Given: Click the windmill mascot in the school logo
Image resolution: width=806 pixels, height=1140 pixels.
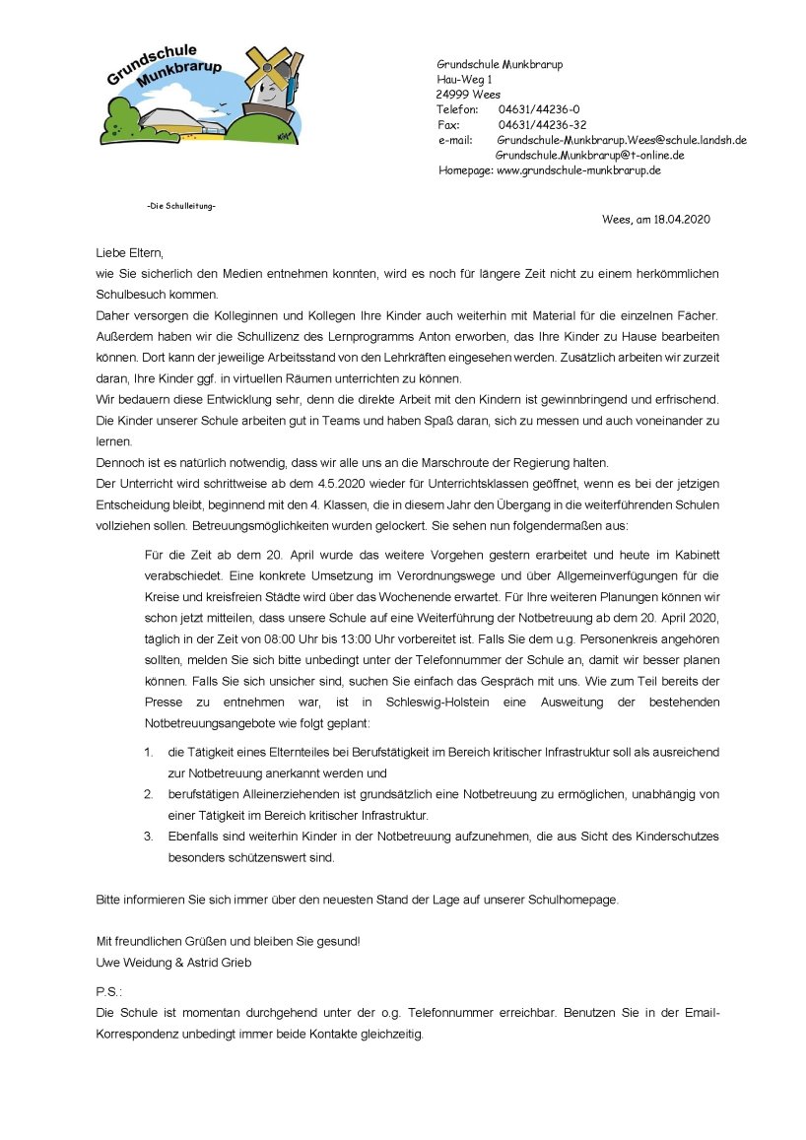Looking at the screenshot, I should pyautogui.click(x=263, y=85).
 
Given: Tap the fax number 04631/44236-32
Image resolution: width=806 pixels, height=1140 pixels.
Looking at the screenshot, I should pyautogui.click(x=542, y=125).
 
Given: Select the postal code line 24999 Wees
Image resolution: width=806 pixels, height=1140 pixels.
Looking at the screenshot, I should pyautogui.click(x=468, y=95).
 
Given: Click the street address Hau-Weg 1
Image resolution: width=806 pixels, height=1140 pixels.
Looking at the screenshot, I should pyautogui.click(x=464, y=80).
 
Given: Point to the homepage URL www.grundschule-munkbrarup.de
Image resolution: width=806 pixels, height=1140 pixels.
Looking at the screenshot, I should pyautogui.click(x=577, y=170).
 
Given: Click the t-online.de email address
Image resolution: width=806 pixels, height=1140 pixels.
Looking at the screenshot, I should pyautogui.click(x=589, y=155).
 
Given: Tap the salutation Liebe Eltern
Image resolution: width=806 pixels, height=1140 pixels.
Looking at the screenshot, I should pyautogui.click(x=128, y=252).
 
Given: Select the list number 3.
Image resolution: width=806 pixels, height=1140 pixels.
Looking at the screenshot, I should pyautogui.click(x=149, y=836).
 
